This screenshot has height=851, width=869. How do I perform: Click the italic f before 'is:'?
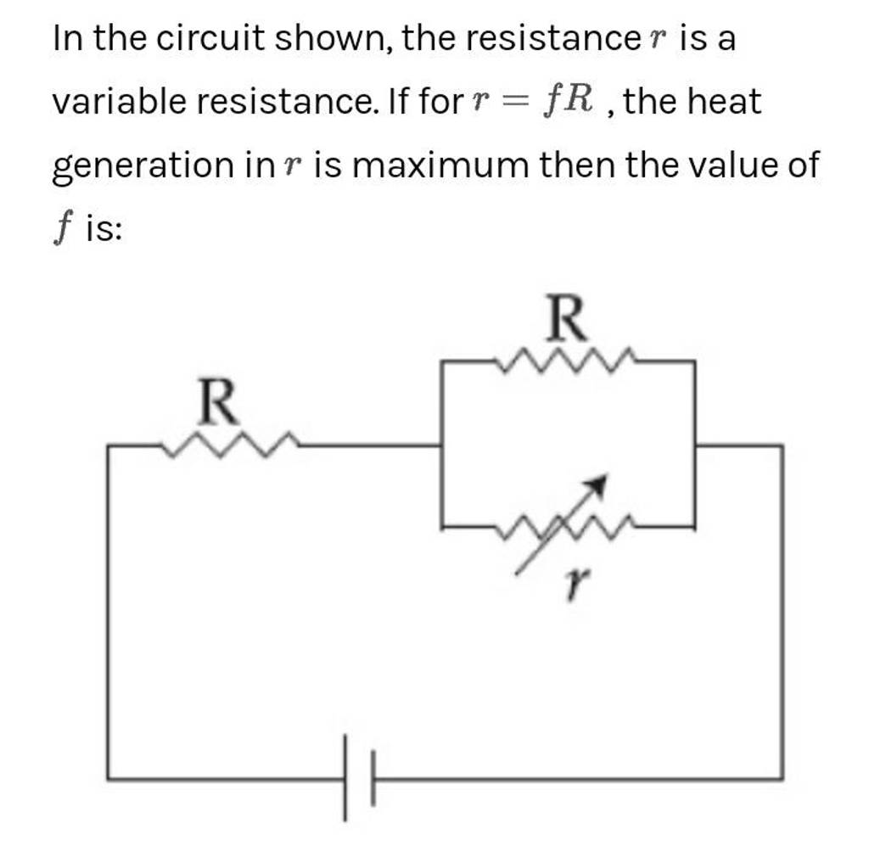(x=60, y=230)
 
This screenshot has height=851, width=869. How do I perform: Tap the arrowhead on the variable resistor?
(x=600, y=485)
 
